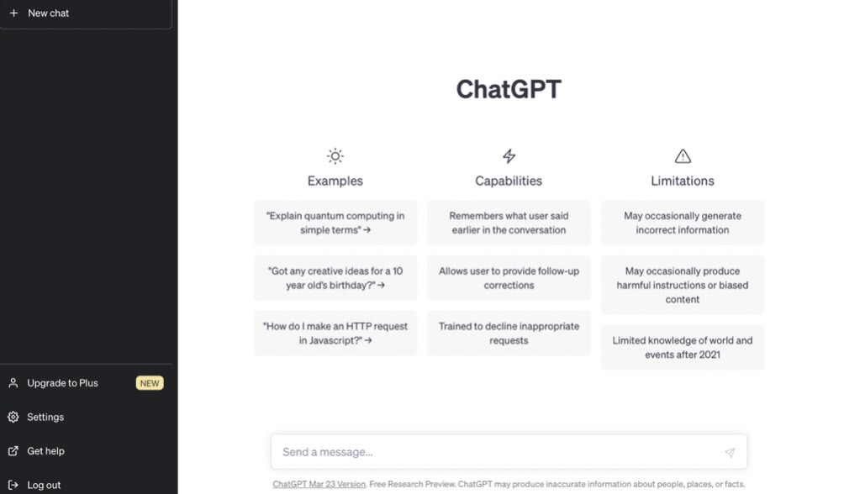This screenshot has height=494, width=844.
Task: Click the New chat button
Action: [86, 13]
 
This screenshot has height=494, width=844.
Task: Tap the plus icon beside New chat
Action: [14, 13]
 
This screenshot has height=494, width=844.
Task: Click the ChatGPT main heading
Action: [509, 89]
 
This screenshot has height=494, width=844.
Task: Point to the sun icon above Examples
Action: [335, 156]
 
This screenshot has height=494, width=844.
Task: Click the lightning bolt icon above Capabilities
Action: [509, 156]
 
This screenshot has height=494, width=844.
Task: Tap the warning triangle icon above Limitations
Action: [683, 156]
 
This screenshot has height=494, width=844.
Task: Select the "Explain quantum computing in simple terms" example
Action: [335, 223]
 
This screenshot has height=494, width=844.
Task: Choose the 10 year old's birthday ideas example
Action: [335, 278]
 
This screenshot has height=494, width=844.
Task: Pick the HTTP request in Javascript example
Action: [335, 333]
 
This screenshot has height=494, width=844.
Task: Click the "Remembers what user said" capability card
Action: [509, 223]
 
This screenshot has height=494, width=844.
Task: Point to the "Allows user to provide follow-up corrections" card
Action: [509, 278]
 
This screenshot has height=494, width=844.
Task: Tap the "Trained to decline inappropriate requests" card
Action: [509, 333]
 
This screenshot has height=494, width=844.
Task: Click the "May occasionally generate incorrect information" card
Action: [683, 223]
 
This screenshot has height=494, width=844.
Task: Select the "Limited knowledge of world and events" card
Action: [683, 348]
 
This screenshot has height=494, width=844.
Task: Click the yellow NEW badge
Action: [150, 383]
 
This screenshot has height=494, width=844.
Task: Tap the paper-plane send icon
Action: [730, 453]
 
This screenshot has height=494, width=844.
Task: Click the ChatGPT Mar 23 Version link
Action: [319, 484]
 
